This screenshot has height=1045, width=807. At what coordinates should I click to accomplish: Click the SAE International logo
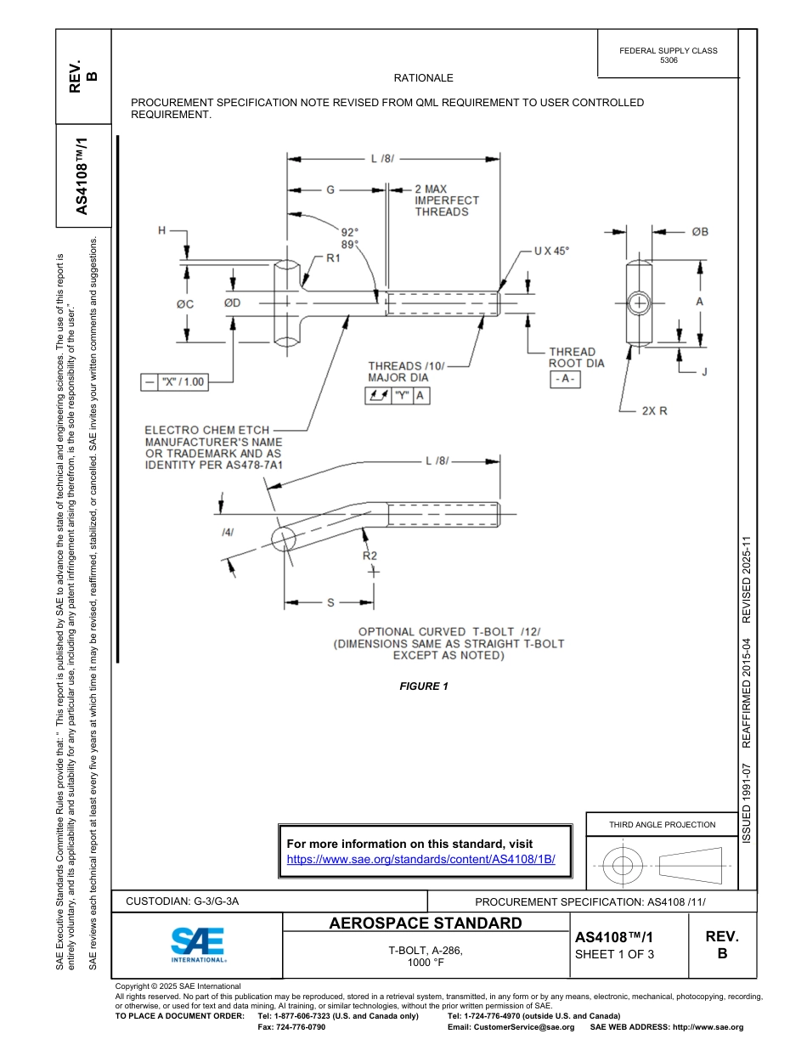197,944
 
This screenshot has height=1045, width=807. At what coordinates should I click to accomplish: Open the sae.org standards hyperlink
420,859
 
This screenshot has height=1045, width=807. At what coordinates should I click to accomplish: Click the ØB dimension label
700,231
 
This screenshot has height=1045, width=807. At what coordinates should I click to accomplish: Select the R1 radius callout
333,259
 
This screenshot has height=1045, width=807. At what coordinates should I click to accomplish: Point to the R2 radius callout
370,556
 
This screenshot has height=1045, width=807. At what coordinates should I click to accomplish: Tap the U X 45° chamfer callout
551,251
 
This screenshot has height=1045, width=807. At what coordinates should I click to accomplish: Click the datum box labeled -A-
565,380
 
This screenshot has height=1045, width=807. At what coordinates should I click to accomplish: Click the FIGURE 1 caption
423,686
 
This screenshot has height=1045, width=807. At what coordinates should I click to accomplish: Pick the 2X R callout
654,410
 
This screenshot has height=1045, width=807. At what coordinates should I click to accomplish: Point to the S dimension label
330,602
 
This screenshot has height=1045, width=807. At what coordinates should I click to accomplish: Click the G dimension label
331,189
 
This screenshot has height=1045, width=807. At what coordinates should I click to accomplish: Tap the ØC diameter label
185,303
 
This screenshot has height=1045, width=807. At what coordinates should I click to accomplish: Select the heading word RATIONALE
423,78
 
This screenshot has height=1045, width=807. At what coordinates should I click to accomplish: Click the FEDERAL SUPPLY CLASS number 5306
669,61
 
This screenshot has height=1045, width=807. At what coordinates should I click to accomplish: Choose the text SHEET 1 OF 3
614,953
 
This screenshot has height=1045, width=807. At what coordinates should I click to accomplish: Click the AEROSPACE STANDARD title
426,924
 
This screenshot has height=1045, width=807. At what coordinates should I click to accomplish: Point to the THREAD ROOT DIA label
576,358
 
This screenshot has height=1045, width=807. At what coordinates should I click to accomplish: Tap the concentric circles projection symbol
623,866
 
